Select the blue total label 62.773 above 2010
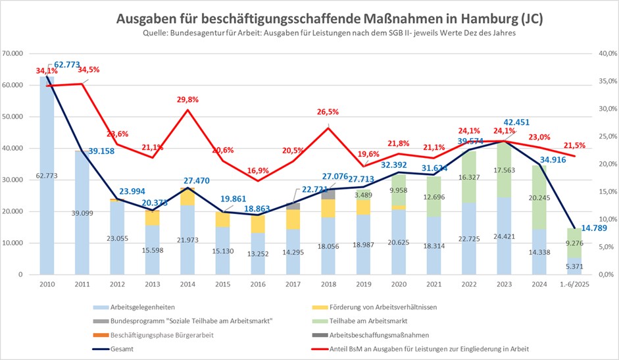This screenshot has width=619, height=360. (x=68, y=64)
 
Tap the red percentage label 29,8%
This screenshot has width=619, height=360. (x=189, y=99)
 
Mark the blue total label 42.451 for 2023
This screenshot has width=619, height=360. (x=516, y=122)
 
